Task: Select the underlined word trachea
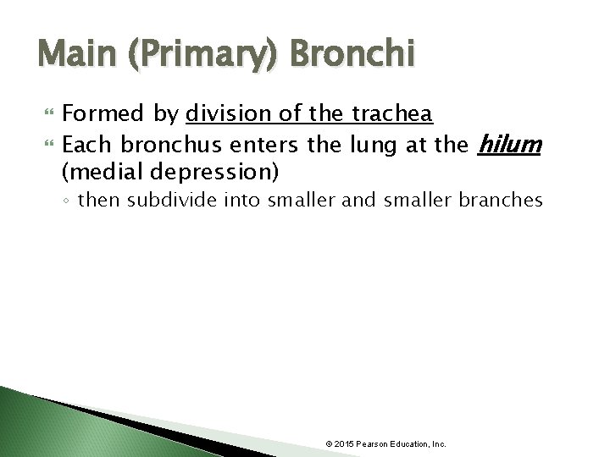point(398,113)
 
